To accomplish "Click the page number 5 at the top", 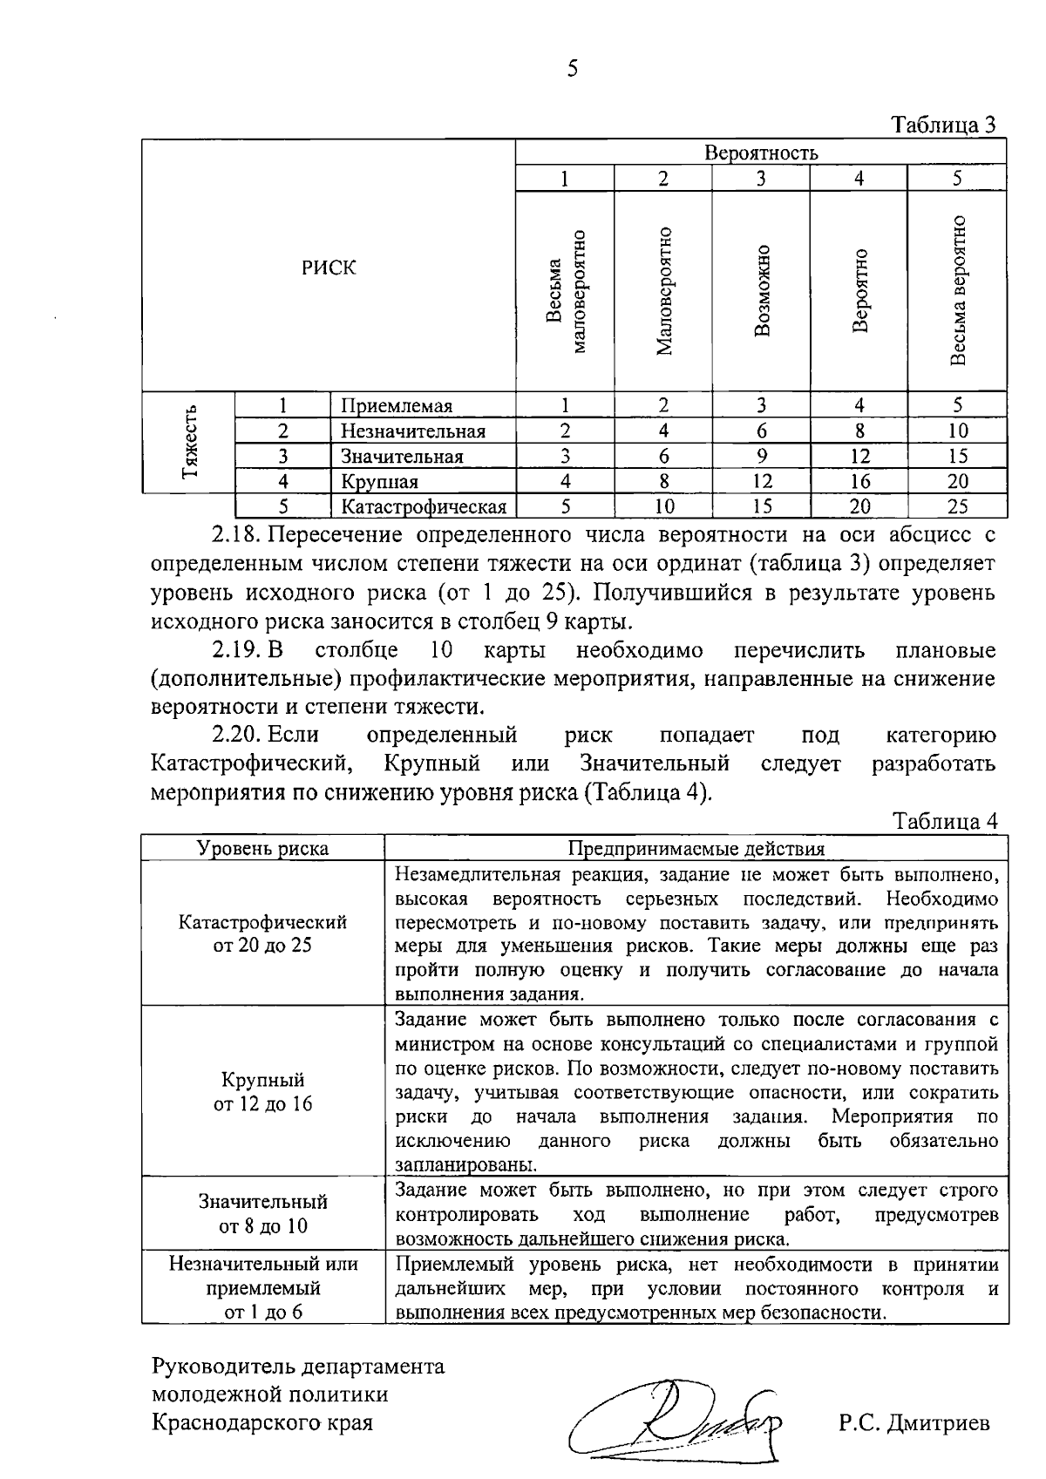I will [572, 69].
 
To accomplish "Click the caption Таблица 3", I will [945, 126].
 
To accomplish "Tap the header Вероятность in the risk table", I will [761, 153].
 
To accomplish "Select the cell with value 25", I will [957, 506].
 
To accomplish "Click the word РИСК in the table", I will [329, 268].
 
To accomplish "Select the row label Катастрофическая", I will [424, 506].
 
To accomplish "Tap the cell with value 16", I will [859, 481].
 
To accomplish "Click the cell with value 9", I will [762, 456].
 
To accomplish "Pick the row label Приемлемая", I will [397, 406].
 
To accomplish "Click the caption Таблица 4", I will [945, 822].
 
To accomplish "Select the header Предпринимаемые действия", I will [696, 848].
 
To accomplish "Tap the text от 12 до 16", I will [262, 1104].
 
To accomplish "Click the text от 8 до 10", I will [262, 1226].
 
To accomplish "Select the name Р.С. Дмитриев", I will [914, 1423].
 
